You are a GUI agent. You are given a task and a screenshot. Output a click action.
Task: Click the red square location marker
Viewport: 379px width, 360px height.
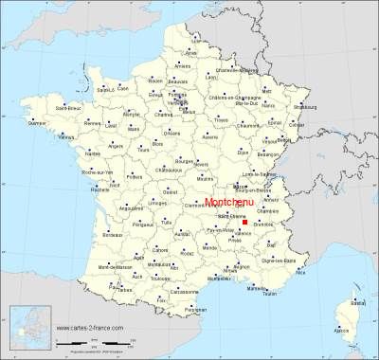(244, 223)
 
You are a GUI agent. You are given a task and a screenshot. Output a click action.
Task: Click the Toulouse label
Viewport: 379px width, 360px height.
(157, 280)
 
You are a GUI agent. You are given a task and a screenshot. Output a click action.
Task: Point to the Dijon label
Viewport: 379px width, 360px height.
(244, 151)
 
